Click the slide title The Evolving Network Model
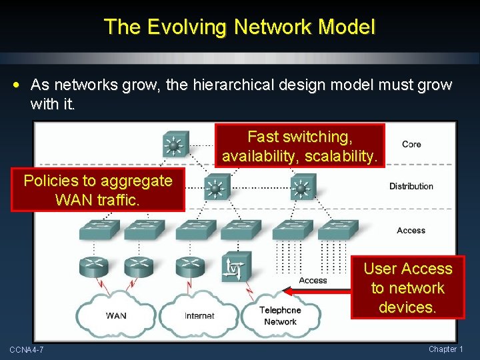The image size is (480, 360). click(240, 27)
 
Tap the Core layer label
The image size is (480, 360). click(411, 144)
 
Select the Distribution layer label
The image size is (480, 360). click(411, 186)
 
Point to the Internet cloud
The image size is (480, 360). click(199, 315)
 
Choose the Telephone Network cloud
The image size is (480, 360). click(279, 315)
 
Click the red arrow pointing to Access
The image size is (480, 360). click(316, 291)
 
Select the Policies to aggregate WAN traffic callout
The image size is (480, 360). click(97, 190)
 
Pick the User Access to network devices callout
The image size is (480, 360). click(407, 287)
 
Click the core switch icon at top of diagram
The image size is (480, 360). click(175, 143)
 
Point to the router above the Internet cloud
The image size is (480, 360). click(189, 267)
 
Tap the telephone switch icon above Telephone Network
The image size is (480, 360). click(237, 267)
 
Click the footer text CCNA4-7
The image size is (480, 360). click(27, 349)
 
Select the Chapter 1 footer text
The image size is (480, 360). click(446, 349)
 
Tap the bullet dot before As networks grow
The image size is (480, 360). click(17, 85)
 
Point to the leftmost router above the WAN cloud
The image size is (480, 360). click(93, 267)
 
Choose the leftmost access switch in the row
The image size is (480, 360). click(99, 230)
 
